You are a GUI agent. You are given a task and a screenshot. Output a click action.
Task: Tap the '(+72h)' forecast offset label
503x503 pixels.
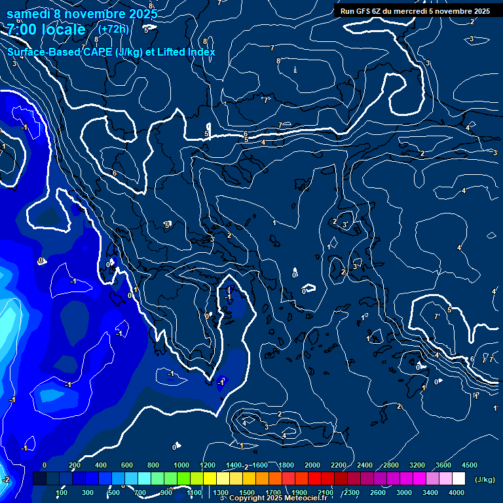pyautogui.click(x=113, y=29)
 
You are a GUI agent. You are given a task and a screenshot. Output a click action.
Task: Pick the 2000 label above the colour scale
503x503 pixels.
pyautogui.click(x=312, y=465)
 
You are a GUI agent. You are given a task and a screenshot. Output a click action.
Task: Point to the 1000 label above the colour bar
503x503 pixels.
pyautogui.click(x=181, y=465)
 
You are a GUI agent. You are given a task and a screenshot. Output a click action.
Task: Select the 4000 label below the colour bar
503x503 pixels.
pyautogui.click(x=456, y=493)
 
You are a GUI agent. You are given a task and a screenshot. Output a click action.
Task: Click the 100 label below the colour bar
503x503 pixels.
pyautogui.click(x=62, y=493)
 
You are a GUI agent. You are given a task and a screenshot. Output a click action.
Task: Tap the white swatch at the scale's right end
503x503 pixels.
pyautogui.click(x=458, y=479)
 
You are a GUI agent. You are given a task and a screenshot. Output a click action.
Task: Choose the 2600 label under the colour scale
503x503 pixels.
pyautogui.click(x=378, y=493)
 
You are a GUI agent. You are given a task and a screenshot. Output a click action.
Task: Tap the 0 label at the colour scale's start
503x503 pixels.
pyautogui.click(x=45, y=465)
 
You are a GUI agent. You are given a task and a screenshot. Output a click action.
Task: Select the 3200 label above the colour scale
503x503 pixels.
pyautogui.click(x=417, y=465)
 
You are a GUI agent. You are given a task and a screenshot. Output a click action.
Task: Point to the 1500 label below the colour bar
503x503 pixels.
pyautogui.click(x=247, y=493)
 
